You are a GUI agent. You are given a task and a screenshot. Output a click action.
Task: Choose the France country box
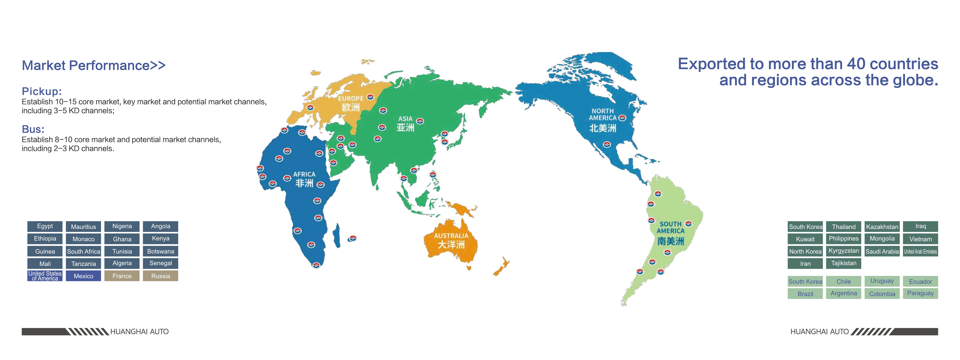(x=122, y=276)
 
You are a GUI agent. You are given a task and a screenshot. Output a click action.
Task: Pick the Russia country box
(x=161, y=276)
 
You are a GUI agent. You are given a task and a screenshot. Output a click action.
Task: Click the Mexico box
(x=84, y=276)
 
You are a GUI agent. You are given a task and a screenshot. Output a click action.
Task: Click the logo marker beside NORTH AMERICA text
(x=622, y=118)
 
